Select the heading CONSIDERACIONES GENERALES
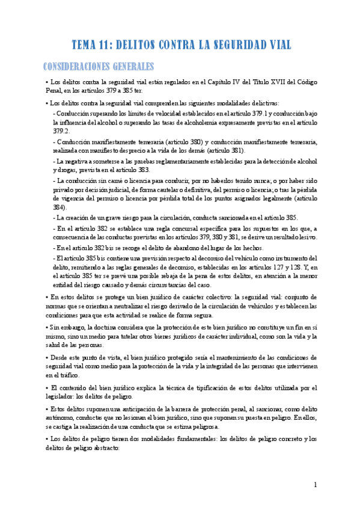point(100,66)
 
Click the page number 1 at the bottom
point(315,485)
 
